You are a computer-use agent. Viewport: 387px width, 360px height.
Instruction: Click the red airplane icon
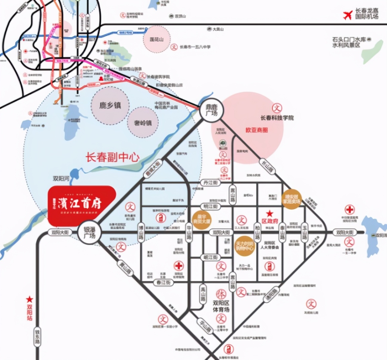point(348,15)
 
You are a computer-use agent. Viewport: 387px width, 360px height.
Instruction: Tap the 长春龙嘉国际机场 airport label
point(367,13)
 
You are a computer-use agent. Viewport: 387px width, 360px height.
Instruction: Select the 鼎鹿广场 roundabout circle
point(212,110)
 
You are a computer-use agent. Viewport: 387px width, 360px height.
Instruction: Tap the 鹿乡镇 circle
point(110,105)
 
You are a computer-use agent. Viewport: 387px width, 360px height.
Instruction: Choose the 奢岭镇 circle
point(143,122)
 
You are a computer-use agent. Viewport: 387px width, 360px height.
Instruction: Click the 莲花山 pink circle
point(156,39)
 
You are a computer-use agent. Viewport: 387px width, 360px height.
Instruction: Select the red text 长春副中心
point(113,157)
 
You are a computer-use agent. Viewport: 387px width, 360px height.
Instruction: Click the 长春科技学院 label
point(277,118)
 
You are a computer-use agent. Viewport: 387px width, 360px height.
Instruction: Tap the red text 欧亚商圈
point(257,130)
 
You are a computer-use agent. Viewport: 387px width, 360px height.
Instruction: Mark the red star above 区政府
point(270,213)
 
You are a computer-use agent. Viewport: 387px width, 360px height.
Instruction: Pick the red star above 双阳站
point(30,299)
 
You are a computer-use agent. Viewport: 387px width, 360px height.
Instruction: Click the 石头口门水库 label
point(349,42)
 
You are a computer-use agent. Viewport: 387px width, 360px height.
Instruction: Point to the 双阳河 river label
point(61,179)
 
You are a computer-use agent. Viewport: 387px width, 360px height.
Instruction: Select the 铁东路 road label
point(37,337)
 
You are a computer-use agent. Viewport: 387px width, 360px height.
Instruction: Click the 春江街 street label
point(163,282)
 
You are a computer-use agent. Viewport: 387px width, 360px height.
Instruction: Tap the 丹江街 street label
point(211,182)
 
